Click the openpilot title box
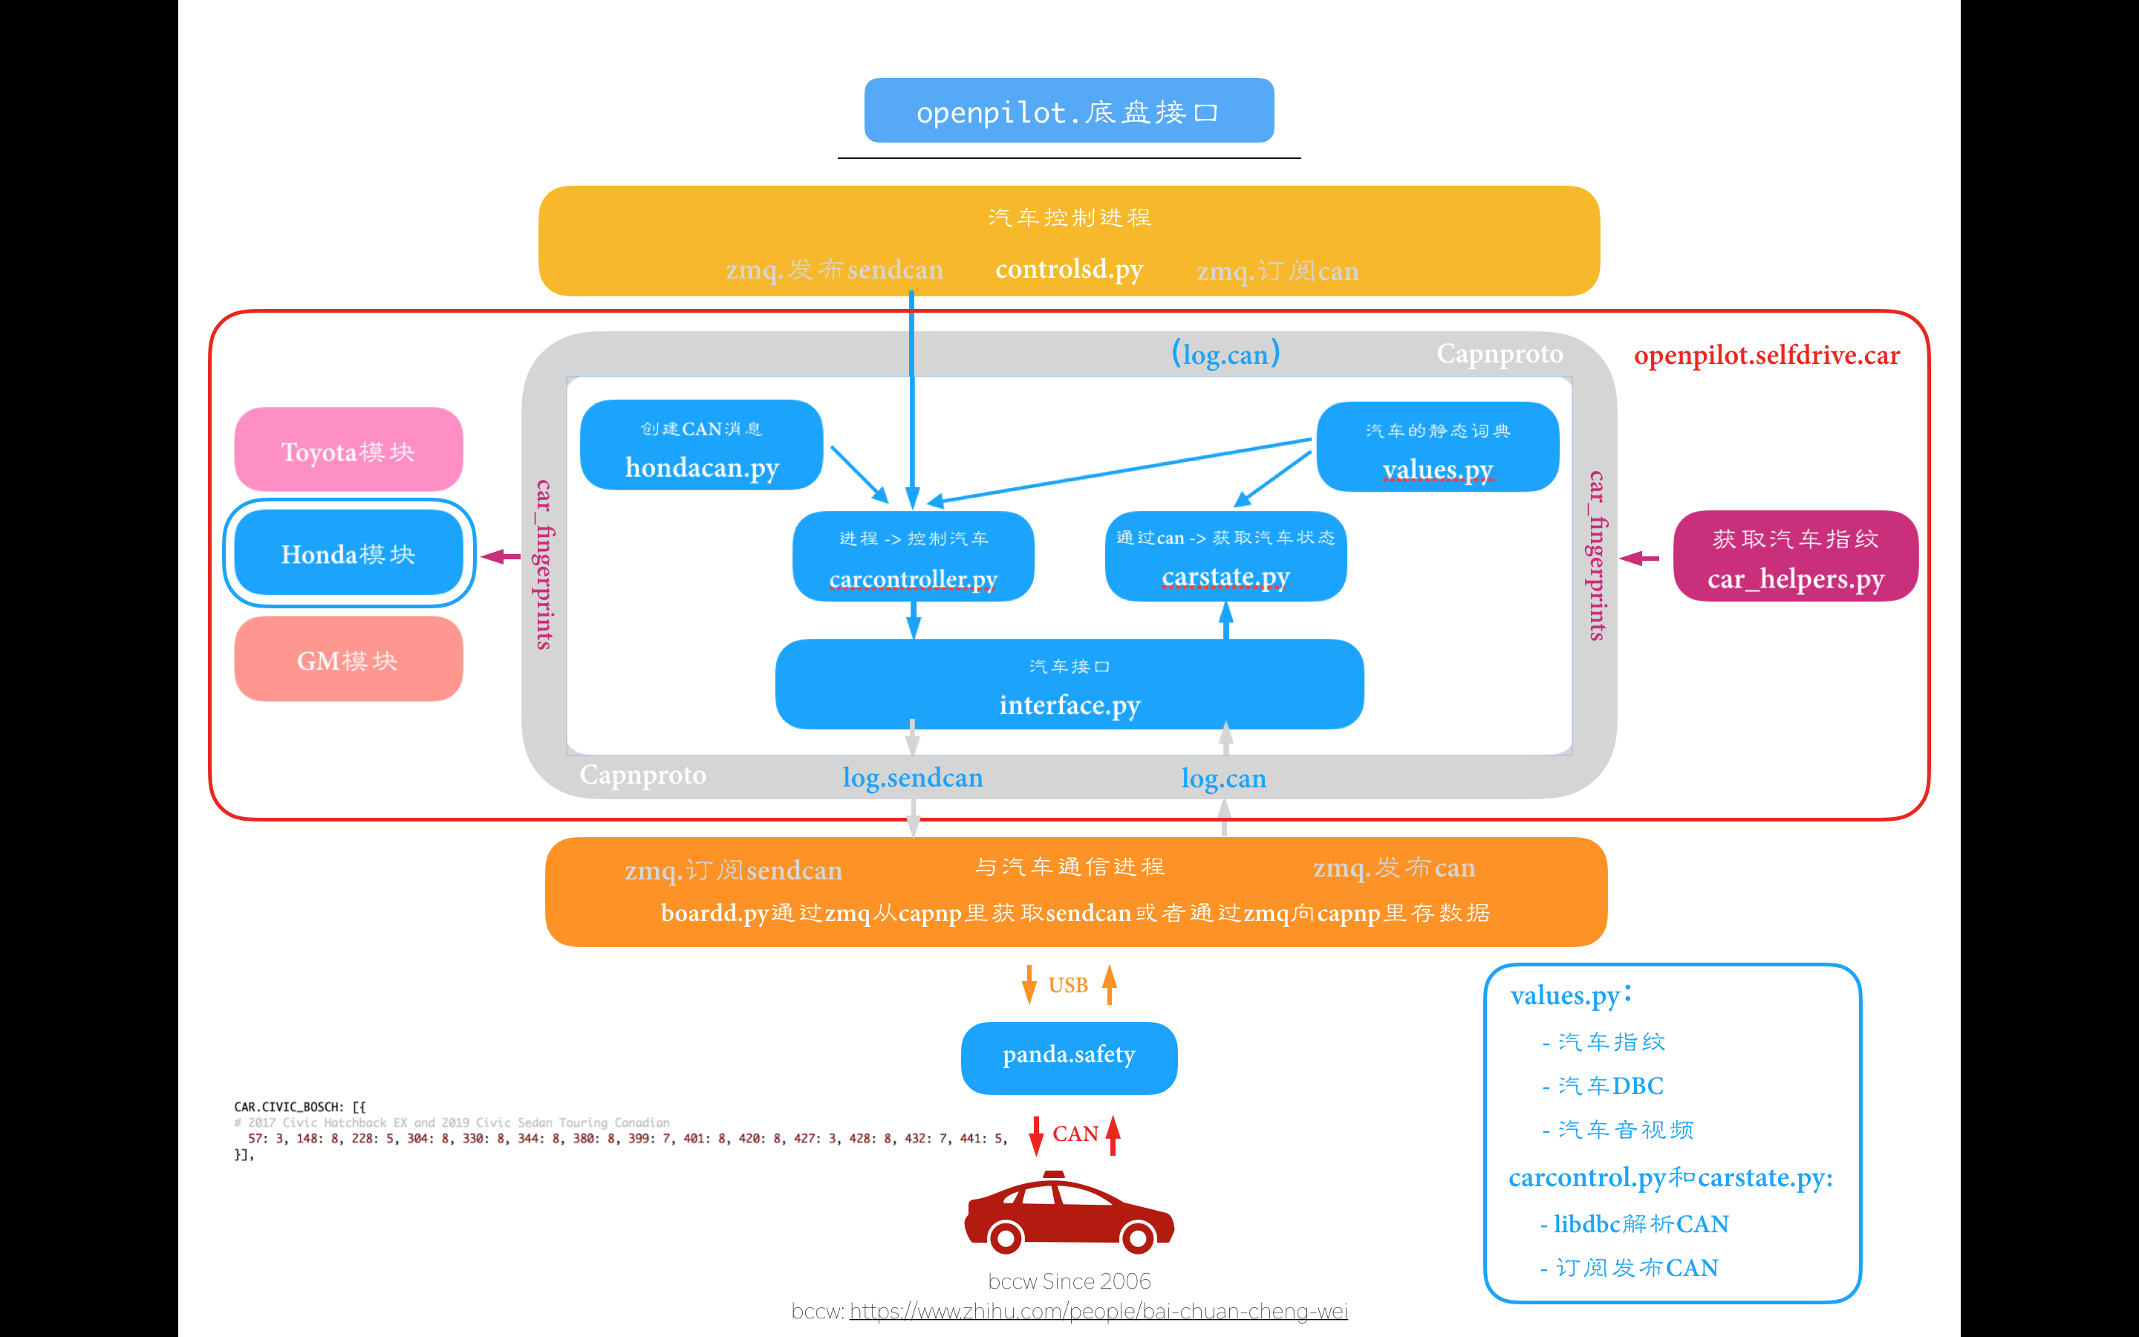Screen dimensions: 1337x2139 (1069, 111)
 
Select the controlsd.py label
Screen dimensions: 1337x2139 (1069, 269)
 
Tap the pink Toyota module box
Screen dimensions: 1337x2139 (348, 450)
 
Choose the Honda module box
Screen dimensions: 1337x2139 (348, 553)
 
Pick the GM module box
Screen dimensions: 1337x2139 (348, 660)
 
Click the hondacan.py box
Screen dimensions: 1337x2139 (701, 446)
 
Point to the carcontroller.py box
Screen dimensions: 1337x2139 (913, 557)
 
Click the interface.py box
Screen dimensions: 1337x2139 (1069, 686)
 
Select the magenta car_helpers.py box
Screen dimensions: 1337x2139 (1795, 557)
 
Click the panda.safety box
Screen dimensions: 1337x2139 (1069, 1058)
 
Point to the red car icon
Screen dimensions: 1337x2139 (1069, 1213)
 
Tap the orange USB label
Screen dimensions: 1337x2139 (1068, 985)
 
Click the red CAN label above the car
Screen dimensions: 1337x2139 (1075, 1133)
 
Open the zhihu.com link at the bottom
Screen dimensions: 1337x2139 (1098, 1311)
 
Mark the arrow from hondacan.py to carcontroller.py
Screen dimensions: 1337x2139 (859, 474)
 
